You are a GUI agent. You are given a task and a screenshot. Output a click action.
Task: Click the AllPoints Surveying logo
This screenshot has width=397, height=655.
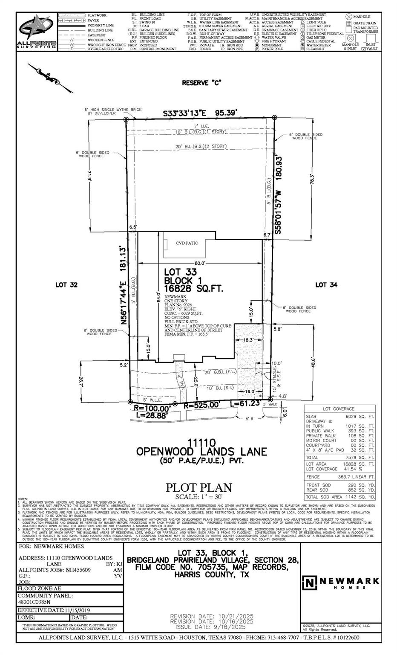(x=37, y=32)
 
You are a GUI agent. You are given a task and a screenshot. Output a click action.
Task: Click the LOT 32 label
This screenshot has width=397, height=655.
(x=66, y=285)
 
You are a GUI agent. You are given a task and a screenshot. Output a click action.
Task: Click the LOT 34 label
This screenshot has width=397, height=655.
(x=326, y=285)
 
